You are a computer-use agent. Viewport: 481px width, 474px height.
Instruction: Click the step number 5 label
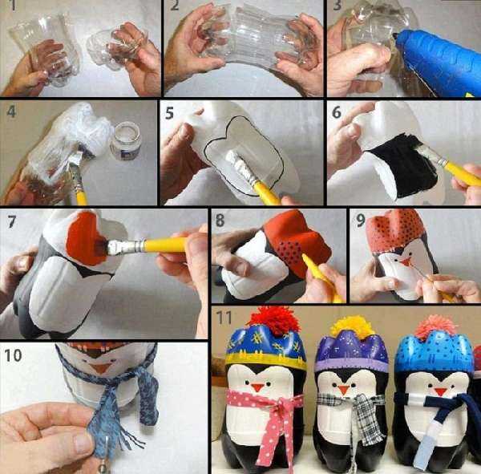tap(170, 113)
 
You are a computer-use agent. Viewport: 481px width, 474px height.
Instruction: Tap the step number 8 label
tap(220, 220)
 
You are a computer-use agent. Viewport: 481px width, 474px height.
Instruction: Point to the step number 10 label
tap(13, 355)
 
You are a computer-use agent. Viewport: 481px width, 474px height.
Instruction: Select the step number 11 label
tap(224, 318)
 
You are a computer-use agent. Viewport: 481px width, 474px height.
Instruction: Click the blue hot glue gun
tap(435, 62)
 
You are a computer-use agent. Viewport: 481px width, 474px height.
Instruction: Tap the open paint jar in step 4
tap(126, 140)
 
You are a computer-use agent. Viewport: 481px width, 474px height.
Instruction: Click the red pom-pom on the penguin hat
tap(274, 320)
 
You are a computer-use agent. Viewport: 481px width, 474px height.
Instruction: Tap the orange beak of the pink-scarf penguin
tap(257, 387)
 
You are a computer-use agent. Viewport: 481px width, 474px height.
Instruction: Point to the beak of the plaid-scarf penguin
tap(344, 390)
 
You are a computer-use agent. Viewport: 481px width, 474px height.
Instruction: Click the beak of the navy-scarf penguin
tap(440, 391)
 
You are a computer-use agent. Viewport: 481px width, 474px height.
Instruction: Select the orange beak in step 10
tap(101, 368)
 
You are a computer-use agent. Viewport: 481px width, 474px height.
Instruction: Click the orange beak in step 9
tap(406, 262)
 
